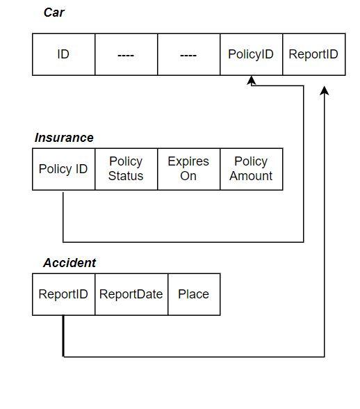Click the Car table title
55,13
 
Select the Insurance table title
64,138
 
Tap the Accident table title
69,263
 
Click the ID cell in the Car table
63,54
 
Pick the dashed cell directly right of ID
126,54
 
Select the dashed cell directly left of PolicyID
188,54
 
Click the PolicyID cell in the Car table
251,54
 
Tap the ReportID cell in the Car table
313,54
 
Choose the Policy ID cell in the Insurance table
63,169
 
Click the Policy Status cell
126,169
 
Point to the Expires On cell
188,169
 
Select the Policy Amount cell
251,169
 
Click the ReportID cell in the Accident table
63,294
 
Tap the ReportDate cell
131,294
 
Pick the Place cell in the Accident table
193,294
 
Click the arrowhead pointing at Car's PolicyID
252,81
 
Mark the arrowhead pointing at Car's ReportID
325,91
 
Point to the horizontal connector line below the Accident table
194,357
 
